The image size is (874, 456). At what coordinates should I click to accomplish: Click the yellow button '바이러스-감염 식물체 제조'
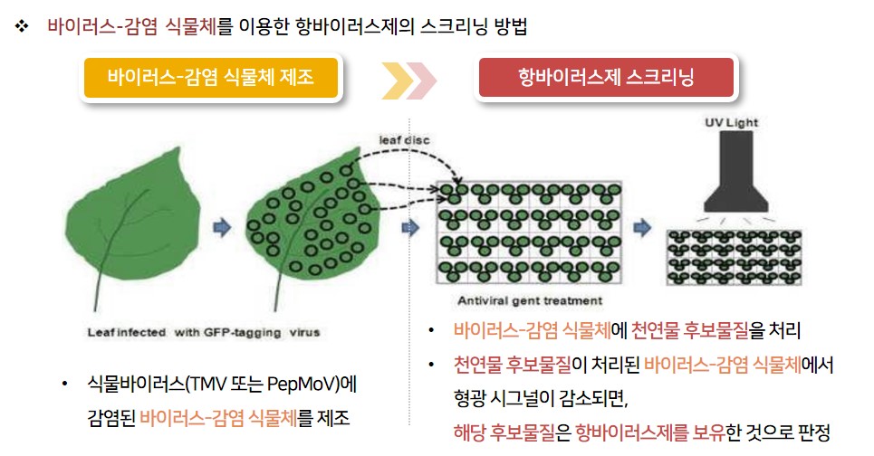click(211, 77)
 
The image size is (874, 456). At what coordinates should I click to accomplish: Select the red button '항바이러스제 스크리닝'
click(606, 77)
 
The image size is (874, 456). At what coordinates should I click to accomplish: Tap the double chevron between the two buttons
click(408, 81)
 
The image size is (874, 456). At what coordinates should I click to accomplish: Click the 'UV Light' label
click(731, 122)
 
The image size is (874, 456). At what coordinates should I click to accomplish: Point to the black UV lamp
click(735, 172)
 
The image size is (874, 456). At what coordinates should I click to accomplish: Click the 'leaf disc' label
click(404, 140)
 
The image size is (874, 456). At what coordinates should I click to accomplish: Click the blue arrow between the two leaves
click(222, 228)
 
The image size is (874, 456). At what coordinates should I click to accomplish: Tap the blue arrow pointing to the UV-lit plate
click(642, 228)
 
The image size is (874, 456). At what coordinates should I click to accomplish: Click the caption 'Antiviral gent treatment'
click(530, 301)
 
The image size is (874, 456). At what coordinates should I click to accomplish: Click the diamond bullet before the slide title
click(22, 25)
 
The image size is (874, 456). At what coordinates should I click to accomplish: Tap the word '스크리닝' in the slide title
click(453, 26)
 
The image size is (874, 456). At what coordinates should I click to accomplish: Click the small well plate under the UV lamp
click(735, 257)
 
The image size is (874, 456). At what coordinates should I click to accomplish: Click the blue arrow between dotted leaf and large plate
click(410, 228)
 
